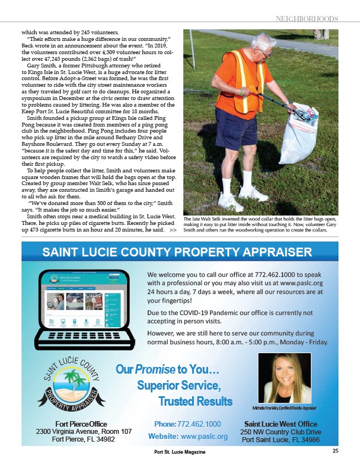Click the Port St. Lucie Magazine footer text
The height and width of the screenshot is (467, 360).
pyautogui.click(x=179, y=452)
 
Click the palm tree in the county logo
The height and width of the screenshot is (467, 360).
pyautogui.click(x=71, y=381)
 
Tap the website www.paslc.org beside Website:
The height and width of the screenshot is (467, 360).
pyautogui.click(x=204, y=436)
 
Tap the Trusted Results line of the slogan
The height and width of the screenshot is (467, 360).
pyautogui.click(x=195, y=400)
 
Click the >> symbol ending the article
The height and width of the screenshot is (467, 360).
pyautogui.click(x=173, y=229)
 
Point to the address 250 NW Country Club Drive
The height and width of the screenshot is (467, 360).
pyautogui.click(x=280, y=431)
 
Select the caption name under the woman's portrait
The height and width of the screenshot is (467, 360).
pyautogui.click(x=284, y=407)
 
